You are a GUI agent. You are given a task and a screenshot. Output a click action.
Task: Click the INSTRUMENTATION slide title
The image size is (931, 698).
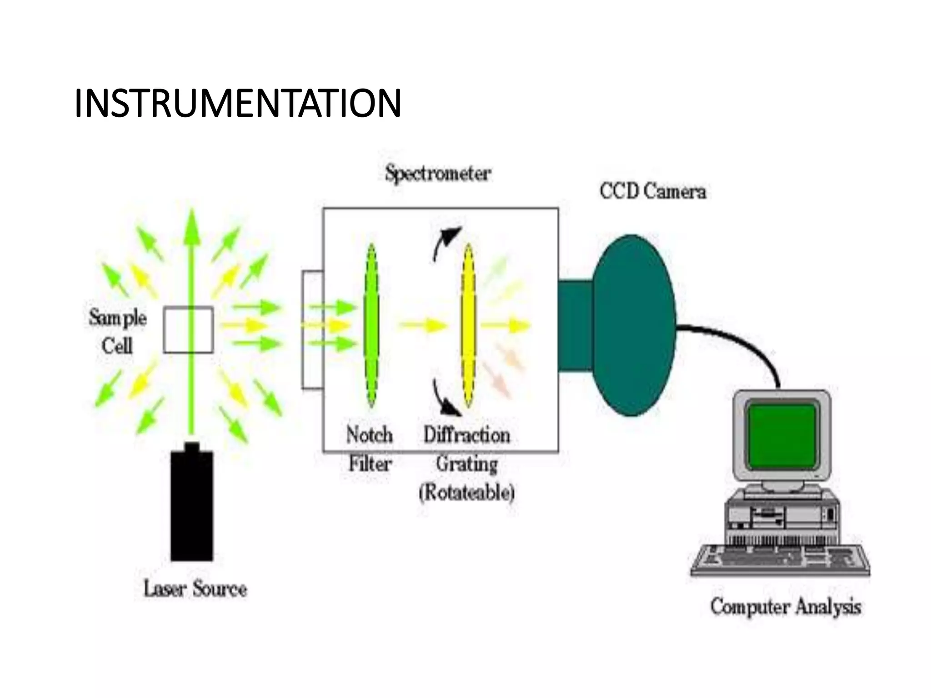pos(237,103)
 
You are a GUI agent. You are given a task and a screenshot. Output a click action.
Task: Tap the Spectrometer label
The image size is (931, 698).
pos(438,174)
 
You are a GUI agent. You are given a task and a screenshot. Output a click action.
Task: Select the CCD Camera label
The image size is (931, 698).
pos(652,191)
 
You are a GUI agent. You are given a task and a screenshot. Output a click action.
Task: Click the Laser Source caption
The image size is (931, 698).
pos(195,589)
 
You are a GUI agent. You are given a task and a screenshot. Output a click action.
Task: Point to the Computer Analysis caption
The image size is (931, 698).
pos(786,607)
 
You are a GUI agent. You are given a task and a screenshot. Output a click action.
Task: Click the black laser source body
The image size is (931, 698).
pos(191,504)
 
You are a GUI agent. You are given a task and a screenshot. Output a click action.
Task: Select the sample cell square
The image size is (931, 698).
pos(188,330)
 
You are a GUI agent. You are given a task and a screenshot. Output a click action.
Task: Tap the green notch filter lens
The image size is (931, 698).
pos(371,325)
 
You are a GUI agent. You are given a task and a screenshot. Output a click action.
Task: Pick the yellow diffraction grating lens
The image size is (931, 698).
pos(468,325)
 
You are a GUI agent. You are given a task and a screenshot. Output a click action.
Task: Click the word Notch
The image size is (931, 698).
pos(369,435)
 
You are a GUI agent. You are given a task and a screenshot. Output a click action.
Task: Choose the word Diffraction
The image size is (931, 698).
pos(467,435)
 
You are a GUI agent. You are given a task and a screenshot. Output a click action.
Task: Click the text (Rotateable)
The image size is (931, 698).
pos(467,492)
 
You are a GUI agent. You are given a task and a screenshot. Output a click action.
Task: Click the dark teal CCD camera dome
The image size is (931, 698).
pos(634,325)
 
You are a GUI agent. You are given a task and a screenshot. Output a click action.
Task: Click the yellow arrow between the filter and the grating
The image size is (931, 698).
pos(423,325)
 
